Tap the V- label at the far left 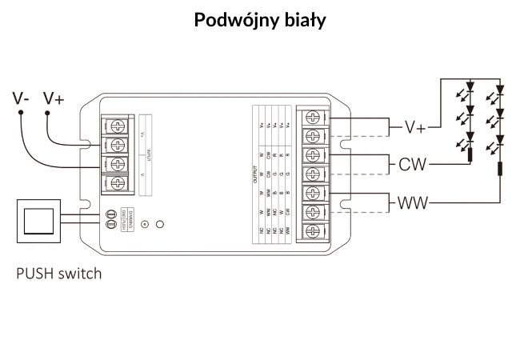pyautogui.click(x=22, y=98)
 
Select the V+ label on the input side pyautogui.click(x=54, y=98)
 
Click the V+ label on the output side pyautogui.click(x=415, y=128)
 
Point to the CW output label pyautogui.click(x=413, y=166)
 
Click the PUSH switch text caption pyautogui.click(x=59, y=274)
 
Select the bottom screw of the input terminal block pyautogui.click(x=118, y=184)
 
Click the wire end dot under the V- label pyautogui.click(x=21, y=113)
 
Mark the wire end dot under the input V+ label pyautogui.click(x=48, y=113)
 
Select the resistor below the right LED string pyautogui.click(x=499, y=169)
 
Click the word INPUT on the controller pyautogui.click(x=149, y=153)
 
